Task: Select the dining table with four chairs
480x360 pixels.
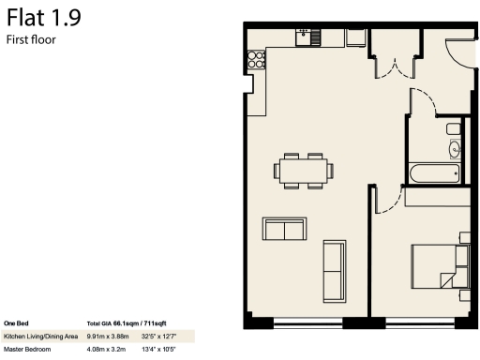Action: [303, 171]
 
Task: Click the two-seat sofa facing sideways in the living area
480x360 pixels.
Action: [284, 229]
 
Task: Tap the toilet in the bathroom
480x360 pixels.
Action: [454, 127]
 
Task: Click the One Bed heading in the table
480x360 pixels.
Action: [16, 322]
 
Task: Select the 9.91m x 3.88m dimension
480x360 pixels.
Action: [108, 335]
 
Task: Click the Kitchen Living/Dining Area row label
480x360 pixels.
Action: [40, 335]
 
